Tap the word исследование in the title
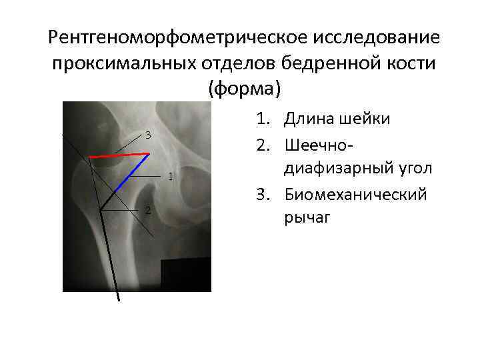point(375,37)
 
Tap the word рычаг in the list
point(307,218)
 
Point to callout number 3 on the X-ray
point(148,136)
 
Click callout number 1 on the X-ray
point(171,177)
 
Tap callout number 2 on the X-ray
point(148,211)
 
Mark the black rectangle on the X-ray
point(187,275)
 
